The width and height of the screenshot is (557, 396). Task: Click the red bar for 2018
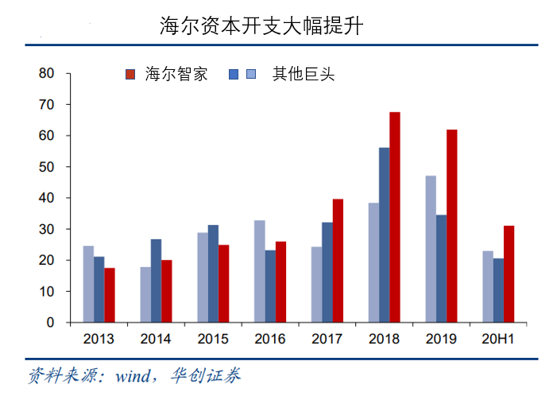click(394, 217)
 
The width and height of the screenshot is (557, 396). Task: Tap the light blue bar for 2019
click(431, 249)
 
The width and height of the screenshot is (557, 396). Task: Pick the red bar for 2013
click(110, 295)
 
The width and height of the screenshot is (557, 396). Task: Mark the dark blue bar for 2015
click(213, 274)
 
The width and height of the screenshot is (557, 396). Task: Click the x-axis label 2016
click(270, 340)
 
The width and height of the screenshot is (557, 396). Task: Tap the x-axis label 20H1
click(498, 340)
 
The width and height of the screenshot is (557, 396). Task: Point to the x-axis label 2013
click(99, 340)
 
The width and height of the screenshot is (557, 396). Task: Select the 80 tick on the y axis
click(47, 73)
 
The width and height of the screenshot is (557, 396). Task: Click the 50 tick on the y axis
click(47, 167)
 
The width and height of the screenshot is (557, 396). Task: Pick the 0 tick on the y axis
click(50, 323)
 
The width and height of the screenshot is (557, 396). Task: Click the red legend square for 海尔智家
click(131, 75)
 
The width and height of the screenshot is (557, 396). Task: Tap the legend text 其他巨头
click(304, 75)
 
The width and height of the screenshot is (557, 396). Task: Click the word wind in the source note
click(133, 375)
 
